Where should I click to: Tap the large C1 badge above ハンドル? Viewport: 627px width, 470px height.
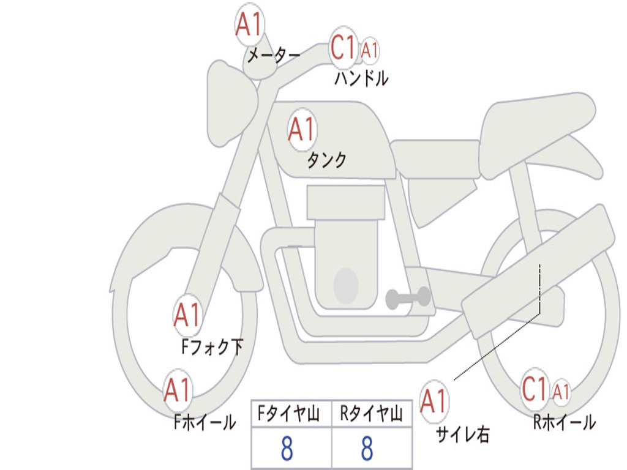344,47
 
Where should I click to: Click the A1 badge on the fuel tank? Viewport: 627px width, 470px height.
301,129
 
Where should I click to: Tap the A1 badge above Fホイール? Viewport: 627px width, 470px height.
178,390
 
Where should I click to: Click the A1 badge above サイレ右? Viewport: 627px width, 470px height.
434,401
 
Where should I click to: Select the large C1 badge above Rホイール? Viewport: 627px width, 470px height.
535,389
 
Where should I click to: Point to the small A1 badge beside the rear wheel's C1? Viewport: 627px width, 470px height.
561,392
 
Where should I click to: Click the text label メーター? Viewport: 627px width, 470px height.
273,56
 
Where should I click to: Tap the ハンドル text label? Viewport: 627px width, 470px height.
361,78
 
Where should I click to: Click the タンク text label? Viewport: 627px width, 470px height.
326,160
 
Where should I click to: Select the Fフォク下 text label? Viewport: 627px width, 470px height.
212,348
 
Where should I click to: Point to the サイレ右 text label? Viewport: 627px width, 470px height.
463,435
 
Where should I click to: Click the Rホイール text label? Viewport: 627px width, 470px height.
564,422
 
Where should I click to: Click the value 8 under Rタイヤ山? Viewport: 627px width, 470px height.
367,449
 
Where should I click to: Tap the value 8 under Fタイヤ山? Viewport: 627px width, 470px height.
287,449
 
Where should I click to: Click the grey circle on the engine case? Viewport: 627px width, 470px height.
345,285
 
